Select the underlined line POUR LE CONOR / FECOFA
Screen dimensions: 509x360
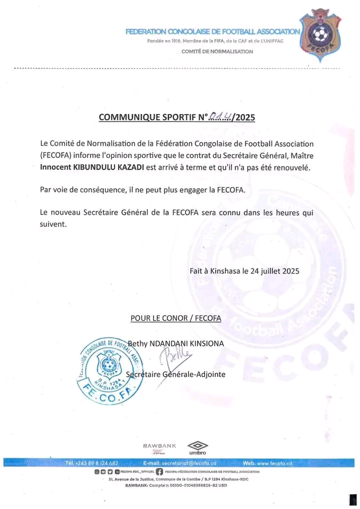point(175,317)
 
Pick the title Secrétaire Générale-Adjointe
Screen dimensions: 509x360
point(176,374)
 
